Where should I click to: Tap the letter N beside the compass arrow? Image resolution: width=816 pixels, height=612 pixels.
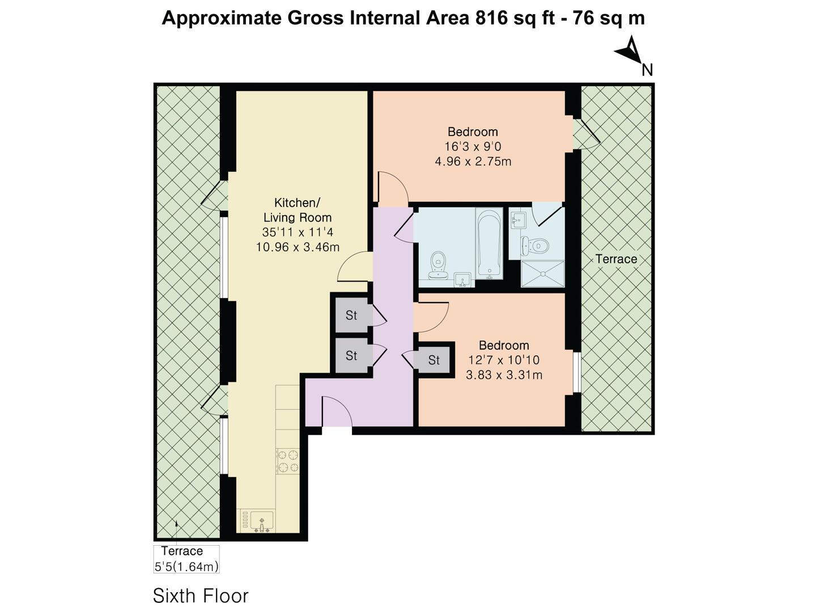[647, 70]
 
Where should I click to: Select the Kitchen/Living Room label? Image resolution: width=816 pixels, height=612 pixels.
[297, 210]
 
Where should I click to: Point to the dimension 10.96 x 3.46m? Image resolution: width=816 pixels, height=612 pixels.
[297, 247]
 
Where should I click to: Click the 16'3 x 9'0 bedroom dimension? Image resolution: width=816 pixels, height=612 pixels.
[473, 147]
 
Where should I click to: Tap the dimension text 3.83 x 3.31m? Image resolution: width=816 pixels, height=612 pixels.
[504, 375]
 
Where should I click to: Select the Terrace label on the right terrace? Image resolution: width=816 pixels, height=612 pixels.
[616, 259]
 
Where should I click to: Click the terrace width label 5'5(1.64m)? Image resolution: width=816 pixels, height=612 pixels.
[186, 566]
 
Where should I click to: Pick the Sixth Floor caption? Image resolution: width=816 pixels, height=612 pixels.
[201, 596]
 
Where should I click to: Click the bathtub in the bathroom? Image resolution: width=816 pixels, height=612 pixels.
[489, 244]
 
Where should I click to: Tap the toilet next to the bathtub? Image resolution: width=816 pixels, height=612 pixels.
[437, 265]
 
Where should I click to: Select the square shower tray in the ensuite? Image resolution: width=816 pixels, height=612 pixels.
[543, 274]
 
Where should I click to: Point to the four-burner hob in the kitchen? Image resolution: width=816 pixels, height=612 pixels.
[288, 461]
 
